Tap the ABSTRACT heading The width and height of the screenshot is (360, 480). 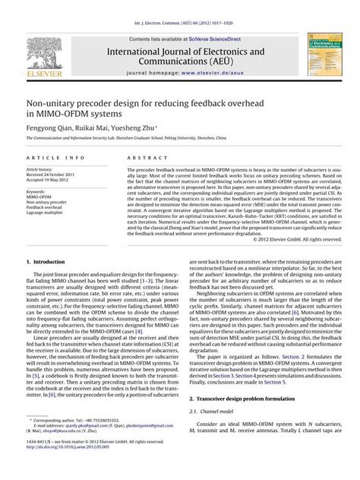[141, 157]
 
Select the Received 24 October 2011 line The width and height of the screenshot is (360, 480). [54, 174]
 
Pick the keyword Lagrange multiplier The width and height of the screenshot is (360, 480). [48, 213]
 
